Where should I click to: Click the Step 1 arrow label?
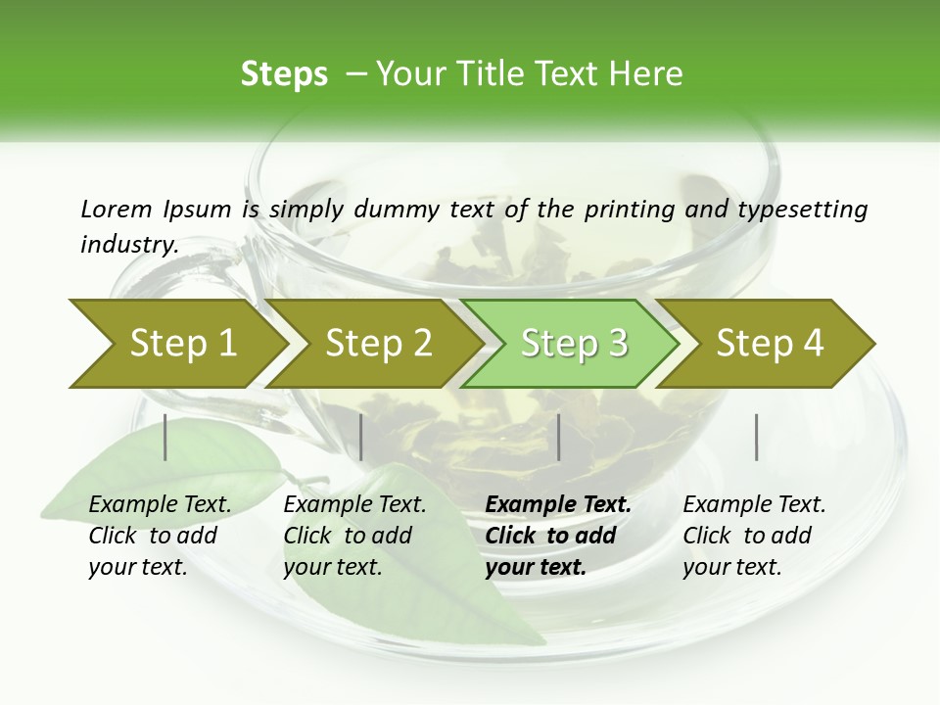(x=183, y=343)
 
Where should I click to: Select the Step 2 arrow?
(x=379, y=343)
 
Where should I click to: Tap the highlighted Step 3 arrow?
(x=574, y=343)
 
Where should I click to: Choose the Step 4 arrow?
(x=770, y=343)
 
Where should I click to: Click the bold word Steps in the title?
(x=284, y=73)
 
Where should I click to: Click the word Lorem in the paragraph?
(x=116, y=209)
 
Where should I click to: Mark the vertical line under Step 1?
(x=165, y=437)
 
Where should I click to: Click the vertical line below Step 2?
(x=361, y=437)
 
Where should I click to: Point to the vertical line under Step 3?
(x=558, y=437)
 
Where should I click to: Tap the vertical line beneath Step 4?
(x=757, y=437)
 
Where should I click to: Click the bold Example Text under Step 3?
(x=558, y=504)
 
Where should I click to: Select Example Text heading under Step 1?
(x=160, y=504)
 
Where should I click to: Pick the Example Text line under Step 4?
(x=754, y=504)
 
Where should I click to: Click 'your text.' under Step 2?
(x=332, y=567)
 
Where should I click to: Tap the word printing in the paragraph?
(x=629, y=209)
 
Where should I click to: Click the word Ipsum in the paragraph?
(x=197, y=209)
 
